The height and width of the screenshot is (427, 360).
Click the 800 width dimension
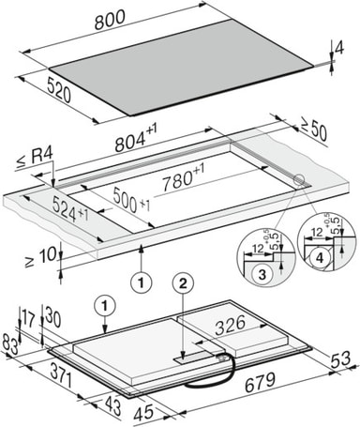click(x=110, y=20)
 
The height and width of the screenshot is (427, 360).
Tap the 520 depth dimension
click(x=59, y=90)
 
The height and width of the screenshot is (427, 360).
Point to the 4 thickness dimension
click(x=339, y=49)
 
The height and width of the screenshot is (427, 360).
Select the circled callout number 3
click(x=262, y=274)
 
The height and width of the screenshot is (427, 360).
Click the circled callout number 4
click(x=319, y=258)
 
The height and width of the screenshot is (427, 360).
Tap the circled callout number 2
click(x=183, y=283)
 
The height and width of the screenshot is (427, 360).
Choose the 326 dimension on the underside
click(x=231, y=326)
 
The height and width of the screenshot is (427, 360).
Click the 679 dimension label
click(x=260, y=382)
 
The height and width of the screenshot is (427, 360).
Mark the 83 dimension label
click(x=10, y=343)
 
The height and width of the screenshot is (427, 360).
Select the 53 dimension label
click(x=340, y=359)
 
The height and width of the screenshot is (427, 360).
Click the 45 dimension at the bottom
click(x=143, y=413)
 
